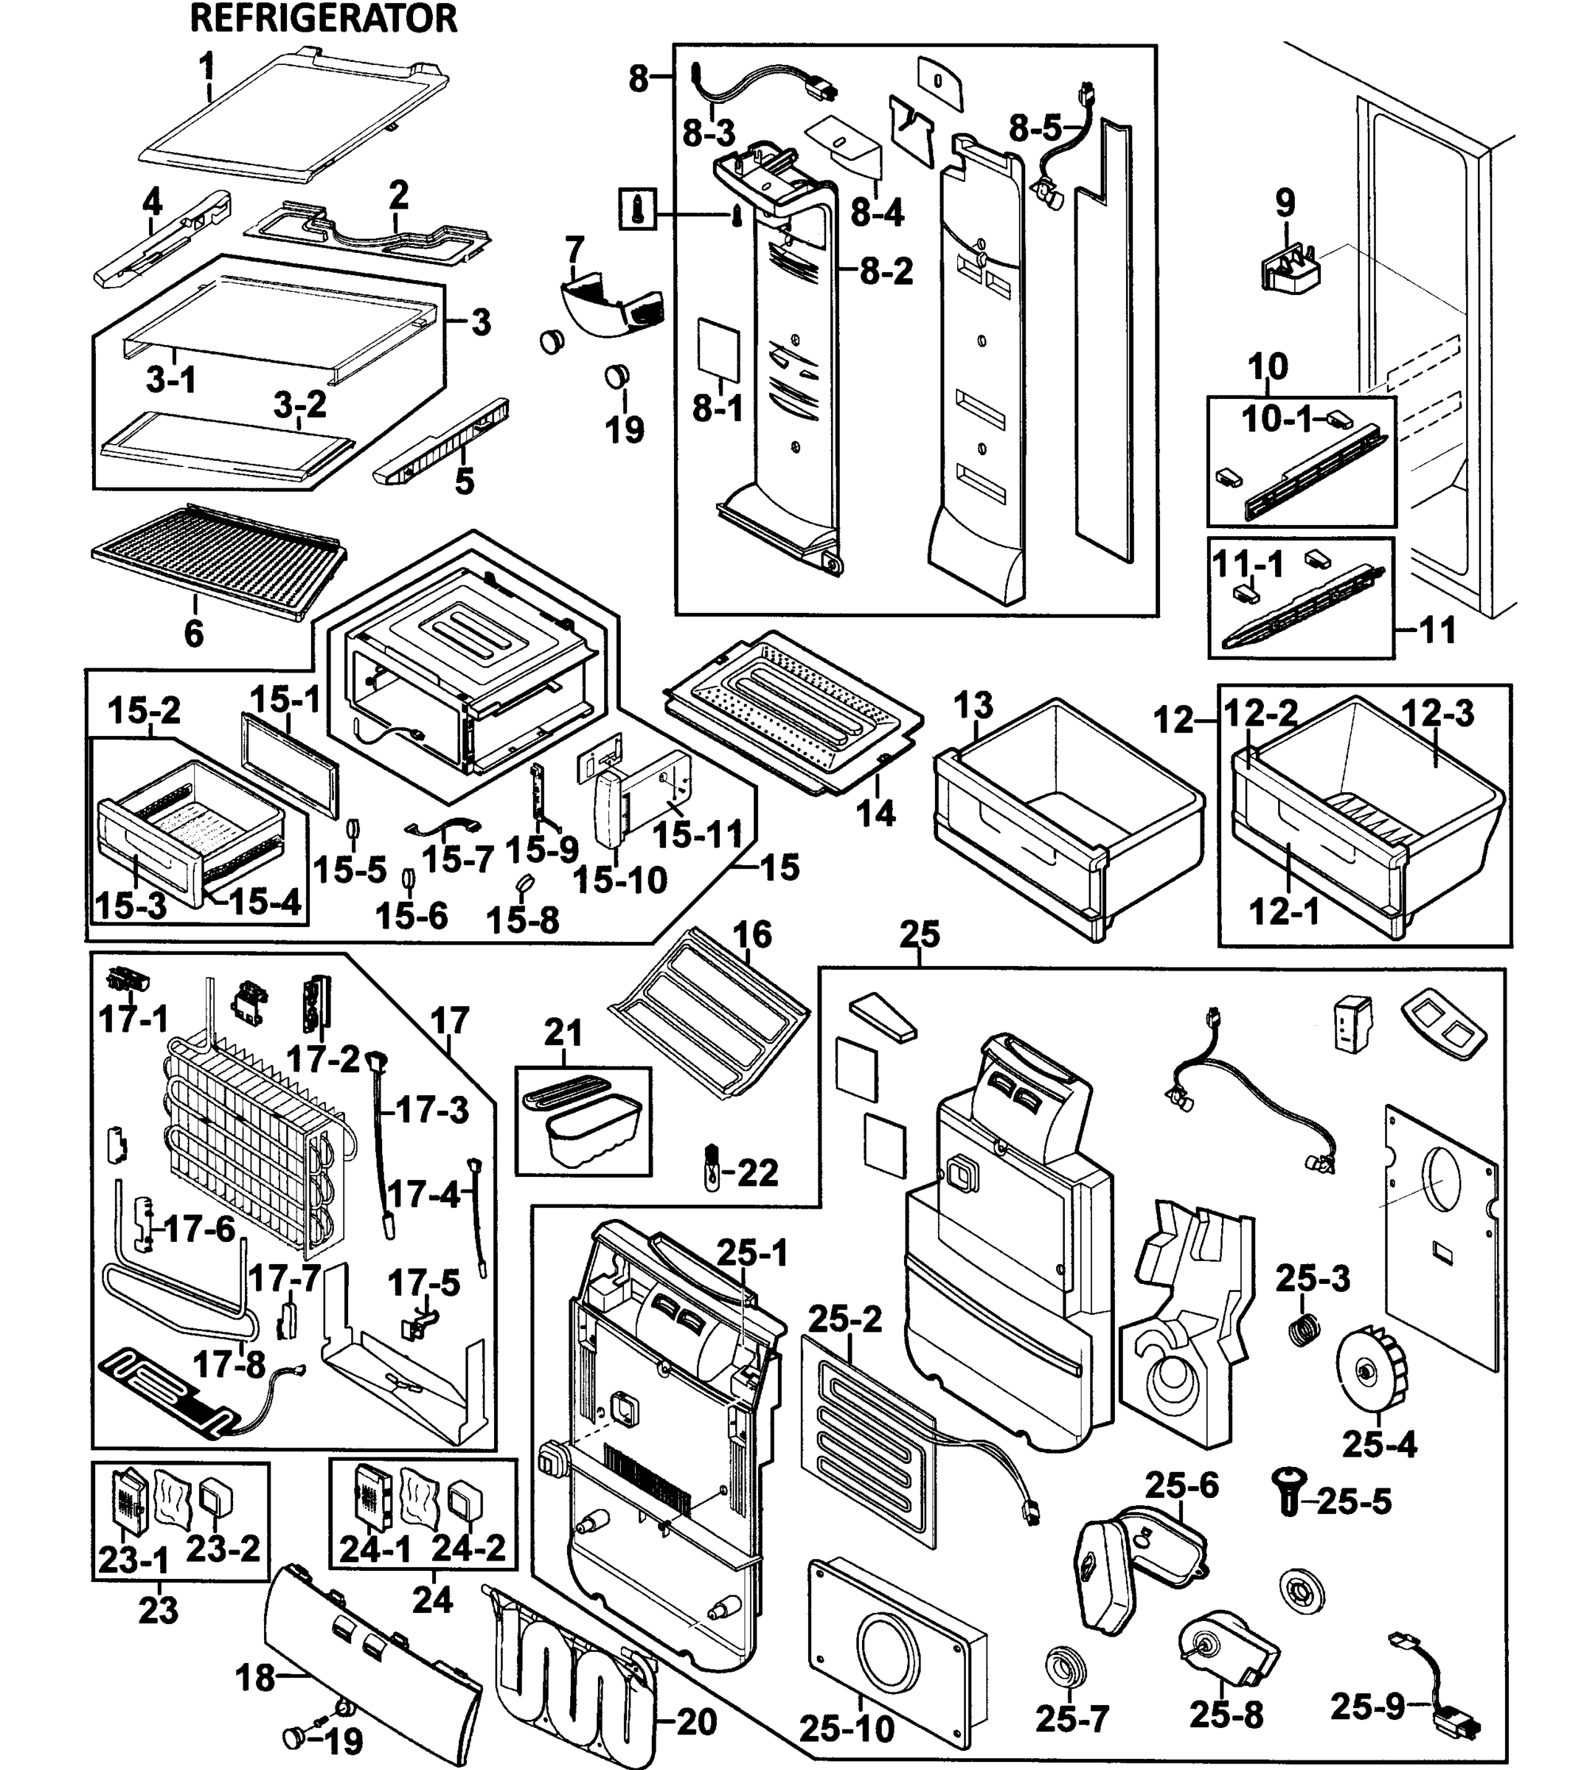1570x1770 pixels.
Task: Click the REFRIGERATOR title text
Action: click(323, 18)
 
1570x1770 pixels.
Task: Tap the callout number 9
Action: click(1285, 204)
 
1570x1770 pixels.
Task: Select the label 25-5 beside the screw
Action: click(1355, 1502)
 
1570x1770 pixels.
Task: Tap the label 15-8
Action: click(522, 920)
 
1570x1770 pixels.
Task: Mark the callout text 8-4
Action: click(878, 212)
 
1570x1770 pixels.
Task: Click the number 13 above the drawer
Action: click(974, 706)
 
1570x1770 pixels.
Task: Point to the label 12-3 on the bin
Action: click(1437, 714)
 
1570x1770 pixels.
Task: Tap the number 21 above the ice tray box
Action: click(563, 1032)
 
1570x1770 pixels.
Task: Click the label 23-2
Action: click(223, 1549)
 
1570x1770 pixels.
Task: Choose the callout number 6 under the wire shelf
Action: click(194, 634)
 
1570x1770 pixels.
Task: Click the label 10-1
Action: click(1277, 419)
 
